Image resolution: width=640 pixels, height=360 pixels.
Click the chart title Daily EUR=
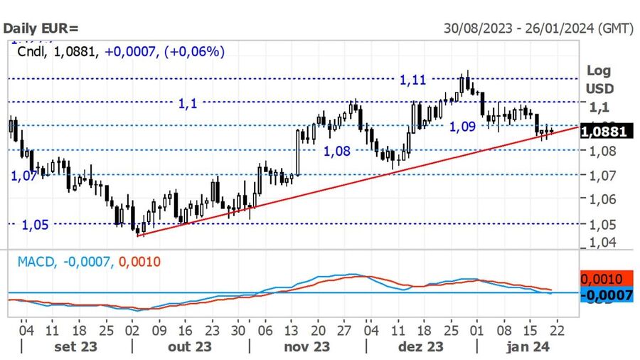point(42,28)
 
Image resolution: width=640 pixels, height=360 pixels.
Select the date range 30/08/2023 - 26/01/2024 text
point(538,28)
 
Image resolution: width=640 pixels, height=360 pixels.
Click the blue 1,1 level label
point(188,104)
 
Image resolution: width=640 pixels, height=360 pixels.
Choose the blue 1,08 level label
point(337,152)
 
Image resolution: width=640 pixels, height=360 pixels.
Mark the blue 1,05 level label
point(35,225)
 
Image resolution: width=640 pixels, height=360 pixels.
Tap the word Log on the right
point(598,70)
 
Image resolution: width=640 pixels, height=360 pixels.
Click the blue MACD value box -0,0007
point(607,294)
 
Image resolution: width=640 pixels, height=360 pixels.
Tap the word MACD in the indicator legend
point(36,262)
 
